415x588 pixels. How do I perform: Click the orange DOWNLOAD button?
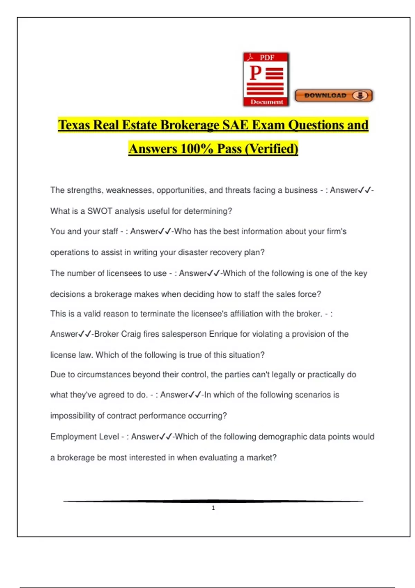click(x=333, y=95)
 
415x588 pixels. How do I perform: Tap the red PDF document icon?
click(x=266, y=79)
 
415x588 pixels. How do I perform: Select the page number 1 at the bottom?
click(x=213, y=508)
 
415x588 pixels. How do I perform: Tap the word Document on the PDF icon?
click(x=267, y=102)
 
